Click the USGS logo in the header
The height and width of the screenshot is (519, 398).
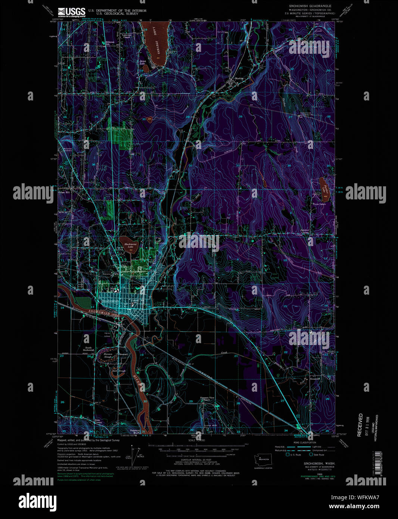pos(71,12)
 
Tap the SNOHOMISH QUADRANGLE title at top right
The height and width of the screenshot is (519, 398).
pos(310,6)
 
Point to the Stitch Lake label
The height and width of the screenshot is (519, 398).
pos(142,62)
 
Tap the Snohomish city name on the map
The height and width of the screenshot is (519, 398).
pos(111,301)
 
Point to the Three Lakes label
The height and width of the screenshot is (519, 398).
pos(319,204)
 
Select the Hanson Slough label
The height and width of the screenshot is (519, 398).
pos(108,355)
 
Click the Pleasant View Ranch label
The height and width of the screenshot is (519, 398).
pos(207,398)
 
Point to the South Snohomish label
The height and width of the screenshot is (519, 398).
pos(88,349)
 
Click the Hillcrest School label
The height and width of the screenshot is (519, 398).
pos(109,43)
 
